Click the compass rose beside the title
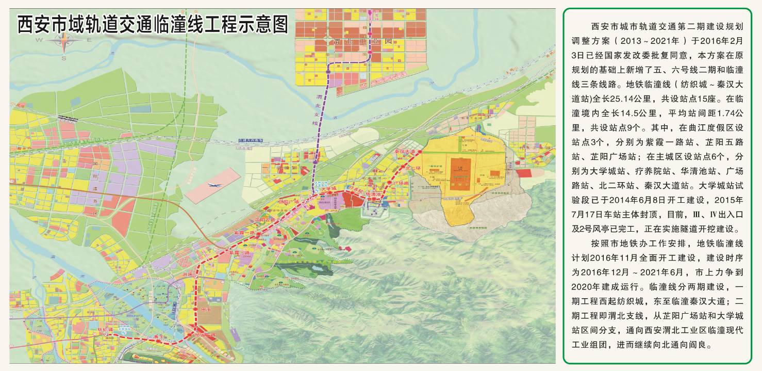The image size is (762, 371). pos(64,43)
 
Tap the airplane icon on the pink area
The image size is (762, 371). pos(213,184)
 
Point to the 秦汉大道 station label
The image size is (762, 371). pos(405,152)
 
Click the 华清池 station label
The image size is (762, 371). pos(373,195)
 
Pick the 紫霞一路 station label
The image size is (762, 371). pos(244,233)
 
